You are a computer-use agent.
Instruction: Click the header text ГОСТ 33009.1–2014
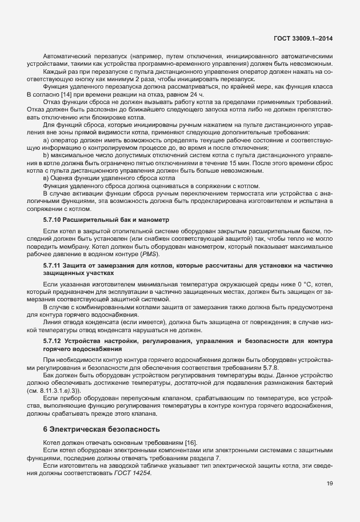point(303,38)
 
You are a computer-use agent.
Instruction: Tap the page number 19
point(330,484)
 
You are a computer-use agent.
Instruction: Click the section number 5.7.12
point(54,341)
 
